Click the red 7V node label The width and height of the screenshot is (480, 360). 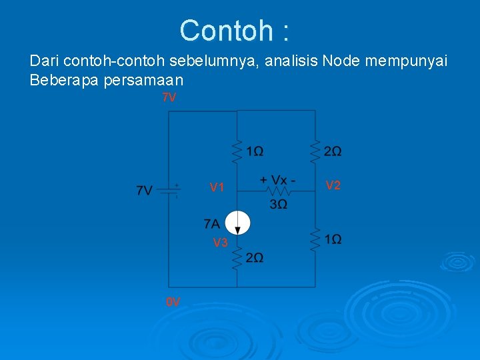click(169, 98)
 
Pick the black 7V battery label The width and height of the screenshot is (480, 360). click(145, 191)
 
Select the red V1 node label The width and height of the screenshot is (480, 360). click(217, 188)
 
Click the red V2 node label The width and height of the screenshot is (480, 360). click(333, 185)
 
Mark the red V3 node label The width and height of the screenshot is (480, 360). click(220, 243)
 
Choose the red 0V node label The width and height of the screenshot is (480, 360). click(173, 302)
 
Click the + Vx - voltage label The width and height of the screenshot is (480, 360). click(278, 180)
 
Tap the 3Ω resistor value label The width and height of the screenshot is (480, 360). click(279, 204)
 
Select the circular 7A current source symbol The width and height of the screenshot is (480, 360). click(237, 223)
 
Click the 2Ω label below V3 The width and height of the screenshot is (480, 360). click(254, 258)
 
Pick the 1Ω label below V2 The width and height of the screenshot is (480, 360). click(333, 239)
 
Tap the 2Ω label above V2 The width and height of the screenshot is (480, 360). click(333, 152)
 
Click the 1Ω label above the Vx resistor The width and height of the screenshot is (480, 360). click(254, 152)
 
